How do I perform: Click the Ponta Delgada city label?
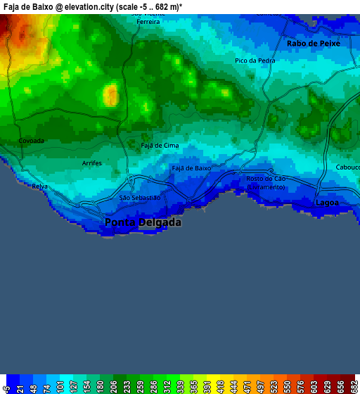(x=143, y=222)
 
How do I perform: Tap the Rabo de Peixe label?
(x=313, y=44)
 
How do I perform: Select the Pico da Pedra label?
(x=255, y=61)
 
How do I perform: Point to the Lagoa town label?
(x=327, y=203)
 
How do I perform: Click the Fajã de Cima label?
(x=160, y=146)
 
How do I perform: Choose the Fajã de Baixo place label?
(x=191, y=169)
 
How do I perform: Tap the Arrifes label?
(x=92, y=163)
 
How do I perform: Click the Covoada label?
(x=31, y=141)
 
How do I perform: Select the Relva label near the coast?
(x=39, y=186)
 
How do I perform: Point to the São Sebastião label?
(x=140, y=198)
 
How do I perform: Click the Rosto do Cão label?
(x=266, y=179)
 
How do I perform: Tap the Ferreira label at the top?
(x=148, y=22)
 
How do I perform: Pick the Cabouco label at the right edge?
(x=348, y=167)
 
